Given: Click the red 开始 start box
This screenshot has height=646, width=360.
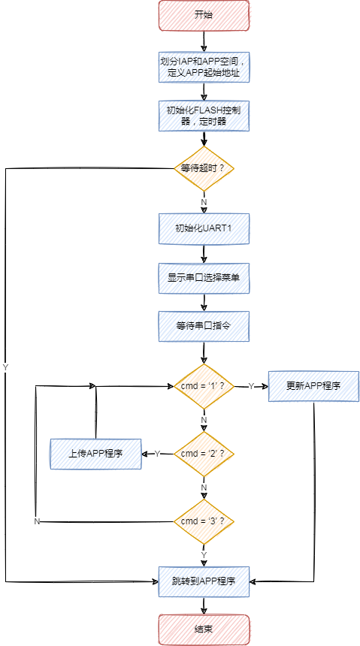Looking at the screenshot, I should [204, 15].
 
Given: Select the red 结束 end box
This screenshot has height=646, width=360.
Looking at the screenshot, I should [204, 629].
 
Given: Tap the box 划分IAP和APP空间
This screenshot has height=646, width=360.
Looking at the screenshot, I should [204, 67].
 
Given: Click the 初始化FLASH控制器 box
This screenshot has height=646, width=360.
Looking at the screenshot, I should [204, 116].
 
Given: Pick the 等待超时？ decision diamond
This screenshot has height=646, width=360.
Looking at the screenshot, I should [204, 168].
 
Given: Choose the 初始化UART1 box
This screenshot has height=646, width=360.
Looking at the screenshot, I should [204, 228].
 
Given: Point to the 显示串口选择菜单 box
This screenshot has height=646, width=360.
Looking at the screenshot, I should [204, 278].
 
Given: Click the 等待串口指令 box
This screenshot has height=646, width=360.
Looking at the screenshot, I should [204, 326].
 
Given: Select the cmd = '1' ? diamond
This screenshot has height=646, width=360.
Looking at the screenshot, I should [204, 386].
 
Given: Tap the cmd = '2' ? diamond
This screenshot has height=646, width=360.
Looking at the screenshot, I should [204, 454].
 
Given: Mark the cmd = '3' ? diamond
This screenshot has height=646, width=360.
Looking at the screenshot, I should [204, 521].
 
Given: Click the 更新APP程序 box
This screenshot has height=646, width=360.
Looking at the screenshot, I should [313, 386].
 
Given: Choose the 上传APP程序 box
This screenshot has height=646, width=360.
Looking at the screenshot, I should [95, 454].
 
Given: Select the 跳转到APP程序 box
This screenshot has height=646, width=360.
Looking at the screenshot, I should [204, 581].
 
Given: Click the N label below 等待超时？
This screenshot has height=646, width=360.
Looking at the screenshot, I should [204, 202].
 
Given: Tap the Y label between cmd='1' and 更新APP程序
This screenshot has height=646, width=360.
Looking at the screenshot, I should [251, 386].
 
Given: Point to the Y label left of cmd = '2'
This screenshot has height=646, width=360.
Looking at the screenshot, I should [157, 454].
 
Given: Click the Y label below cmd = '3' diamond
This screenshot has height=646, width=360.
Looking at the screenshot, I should [204, 554].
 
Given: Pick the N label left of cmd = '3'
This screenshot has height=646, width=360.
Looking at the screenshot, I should [37, 521].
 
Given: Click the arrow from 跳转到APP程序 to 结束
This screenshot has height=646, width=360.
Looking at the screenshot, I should [204, 605].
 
